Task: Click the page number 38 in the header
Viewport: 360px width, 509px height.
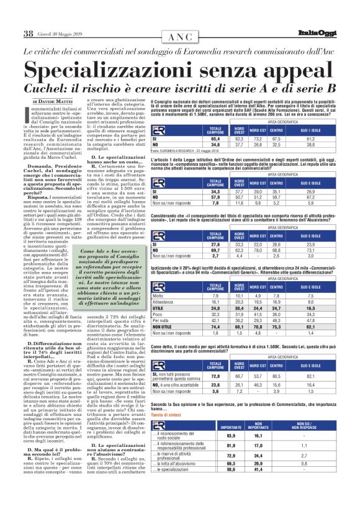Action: pyautogui.click(x=28, y=32)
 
